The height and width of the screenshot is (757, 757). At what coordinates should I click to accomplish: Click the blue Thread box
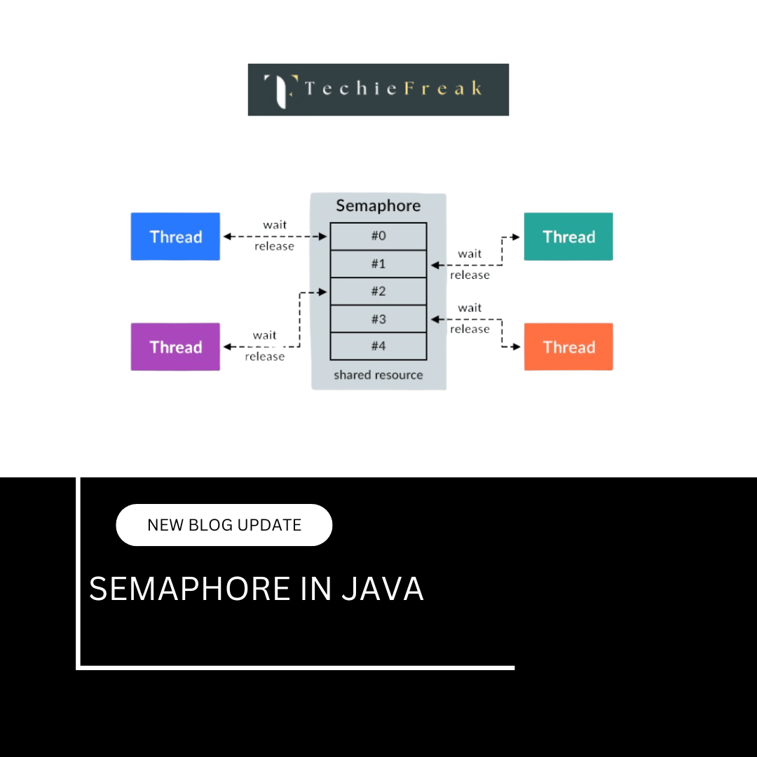click(x=175, y=237)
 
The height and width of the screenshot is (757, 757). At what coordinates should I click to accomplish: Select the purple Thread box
click(x=175, y=347)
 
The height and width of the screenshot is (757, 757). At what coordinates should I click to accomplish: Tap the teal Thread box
click(x=568, y=237)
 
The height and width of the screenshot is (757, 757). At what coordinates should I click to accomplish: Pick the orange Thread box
click(x=568, y=347)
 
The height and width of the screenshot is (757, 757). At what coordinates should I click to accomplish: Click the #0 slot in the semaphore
click(x=378, y=236)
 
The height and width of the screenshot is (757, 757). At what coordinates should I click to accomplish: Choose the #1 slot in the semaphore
click(x=378, y=264)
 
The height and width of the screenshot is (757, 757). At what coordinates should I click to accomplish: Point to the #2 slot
click(x=378, y=292)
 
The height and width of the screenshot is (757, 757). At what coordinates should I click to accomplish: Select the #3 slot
click(x=378, y=319)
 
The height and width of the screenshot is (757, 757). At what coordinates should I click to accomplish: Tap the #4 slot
click(x=378, y=346)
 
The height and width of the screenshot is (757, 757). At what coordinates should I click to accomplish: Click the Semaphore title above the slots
click(x=378, y=205)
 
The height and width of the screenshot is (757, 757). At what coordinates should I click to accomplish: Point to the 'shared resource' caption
click(x=378, y=375)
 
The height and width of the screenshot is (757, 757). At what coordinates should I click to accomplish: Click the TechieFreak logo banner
click(x=378, y=90)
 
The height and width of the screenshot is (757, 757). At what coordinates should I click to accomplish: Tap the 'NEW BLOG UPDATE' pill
click(x=224, y=525)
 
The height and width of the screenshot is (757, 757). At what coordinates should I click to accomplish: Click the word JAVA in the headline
click(x=383, y=589)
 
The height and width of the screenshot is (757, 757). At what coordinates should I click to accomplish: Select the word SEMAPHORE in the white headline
click(x=189, y=589)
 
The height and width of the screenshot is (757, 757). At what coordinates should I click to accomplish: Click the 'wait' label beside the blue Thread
click(x=275, y=225)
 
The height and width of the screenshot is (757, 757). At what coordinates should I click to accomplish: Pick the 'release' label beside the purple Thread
click(x=265, y=357)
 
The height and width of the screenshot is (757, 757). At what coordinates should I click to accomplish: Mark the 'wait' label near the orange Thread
click(x=470, y=308)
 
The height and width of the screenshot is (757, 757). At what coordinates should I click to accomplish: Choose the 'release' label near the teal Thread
click(x=470, y=275)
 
